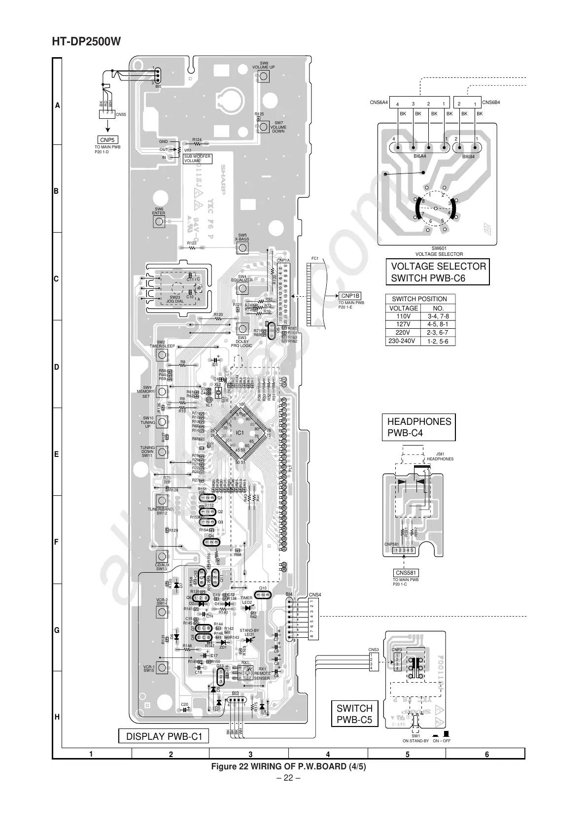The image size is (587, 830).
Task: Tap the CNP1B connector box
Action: click(x=350, y=295)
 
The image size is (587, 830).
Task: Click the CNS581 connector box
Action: click(x=406, y=572)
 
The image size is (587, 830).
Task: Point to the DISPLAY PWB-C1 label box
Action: click(x=164, y=736)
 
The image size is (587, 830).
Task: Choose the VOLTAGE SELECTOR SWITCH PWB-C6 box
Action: click(x=438, y=272)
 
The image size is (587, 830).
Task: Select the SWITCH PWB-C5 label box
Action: click(x=354, y=714)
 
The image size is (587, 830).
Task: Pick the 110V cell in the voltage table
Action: click(x=403, y=316)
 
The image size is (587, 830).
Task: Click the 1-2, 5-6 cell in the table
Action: click(x=438, y=341)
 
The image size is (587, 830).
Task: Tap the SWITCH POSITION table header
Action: click(x=419, y=299)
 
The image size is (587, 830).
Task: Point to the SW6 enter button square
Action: click(x=159, y=221)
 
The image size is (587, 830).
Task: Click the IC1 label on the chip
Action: click(x=240, y=432)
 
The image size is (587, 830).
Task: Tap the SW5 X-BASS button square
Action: click(x=242, y=247)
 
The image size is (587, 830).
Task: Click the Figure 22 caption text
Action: click(x=288, y=767)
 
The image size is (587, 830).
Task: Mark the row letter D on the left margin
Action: click(x=57, y=367)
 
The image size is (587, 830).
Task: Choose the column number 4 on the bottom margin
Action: click(x=328, y=754)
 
